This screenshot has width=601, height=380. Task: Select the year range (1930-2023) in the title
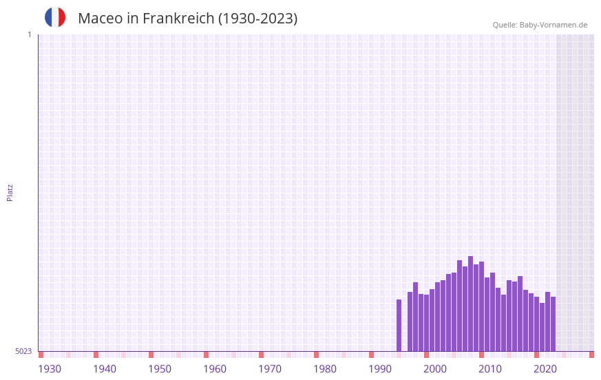pos(257,19)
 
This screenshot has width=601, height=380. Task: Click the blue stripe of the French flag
pos(49,17)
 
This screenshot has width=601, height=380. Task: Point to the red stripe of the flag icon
pos(62,17)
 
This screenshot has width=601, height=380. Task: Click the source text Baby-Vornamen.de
pos(553,25)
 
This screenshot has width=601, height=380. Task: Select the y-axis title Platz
pos(10,192)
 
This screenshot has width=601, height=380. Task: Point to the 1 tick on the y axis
pos(29,34)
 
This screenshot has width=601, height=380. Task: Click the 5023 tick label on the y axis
pos(23,351)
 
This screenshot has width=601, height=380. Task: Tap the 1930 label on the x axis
pos(50,369)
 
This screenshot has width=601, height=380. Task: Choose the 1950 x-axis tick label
pos(160,369)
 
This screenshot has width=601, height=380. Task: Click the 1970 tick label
pos(270,369)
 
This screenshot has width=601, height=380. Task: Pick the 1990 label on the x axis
pos(380,369)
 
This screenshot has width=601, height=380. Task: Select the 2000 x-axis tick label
pos(435,369)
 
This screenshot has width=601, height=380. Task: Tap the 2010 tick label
pos(490,369)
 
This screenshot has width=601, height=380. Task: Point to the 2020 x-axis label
pos(545,369)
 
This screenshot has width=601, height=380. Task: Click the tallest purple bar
pos(470,304)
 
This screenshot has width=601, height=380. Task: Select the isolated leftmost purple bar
pos(399,325)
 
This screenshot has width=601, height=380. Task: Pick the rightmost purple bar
pos(553,324)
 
